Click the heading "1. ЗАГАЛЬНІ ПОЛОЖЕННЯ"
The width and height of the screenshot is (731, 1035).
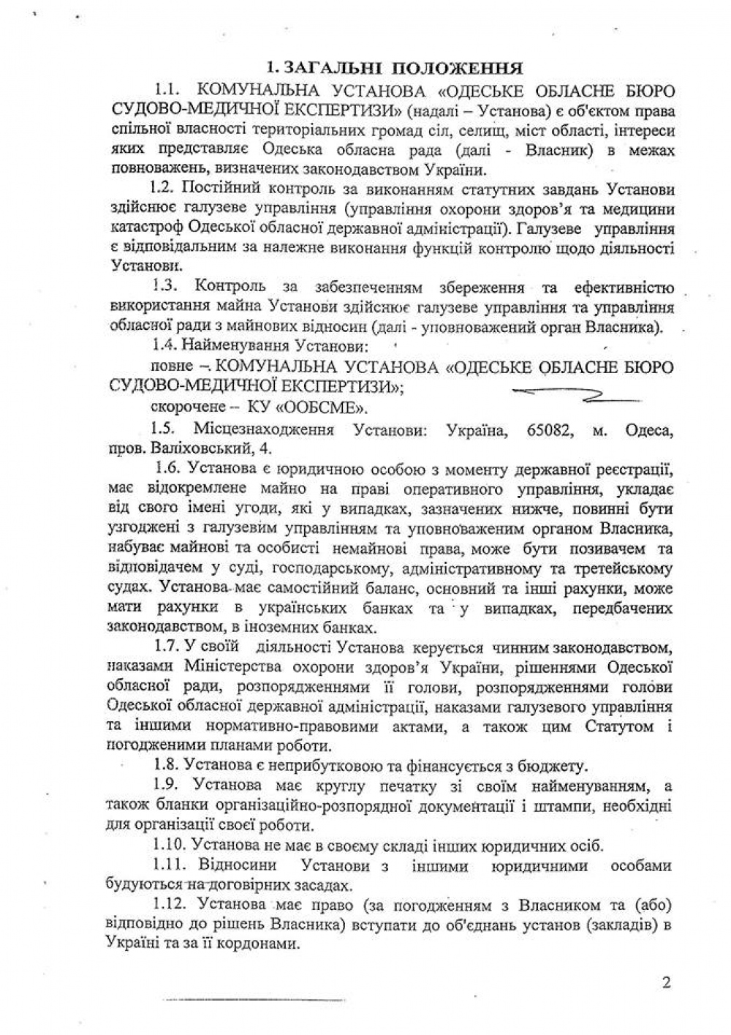[x=394, y=69]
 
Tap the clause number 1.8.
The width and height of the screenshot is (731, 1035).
[x=167, y=766]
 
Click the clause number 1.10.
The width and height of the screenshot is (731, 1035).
[x=171, y=846]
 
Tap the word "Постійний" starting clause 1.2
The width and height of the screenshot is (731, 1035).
[x=212, y=189]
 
